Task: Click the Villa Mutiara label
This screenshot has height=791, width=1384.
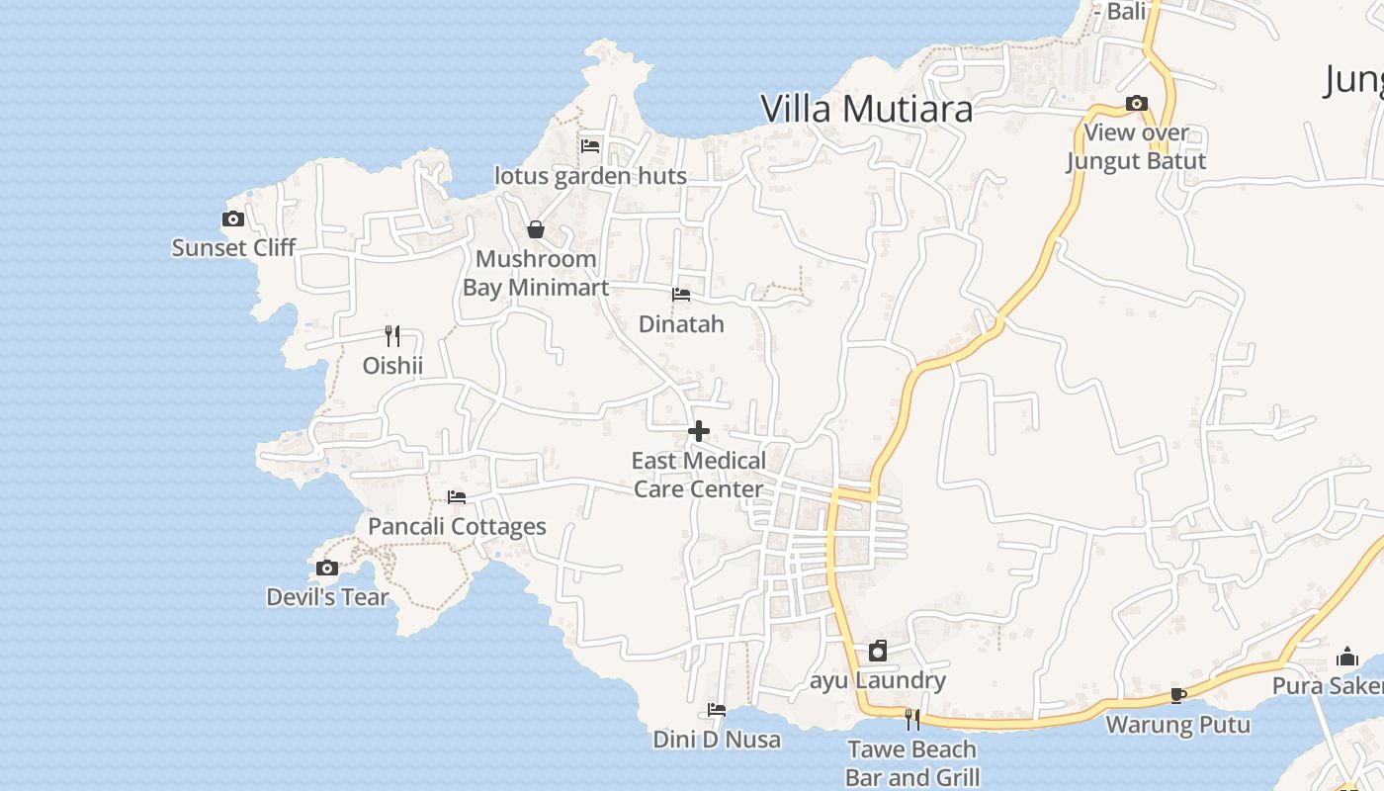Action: (867, 109)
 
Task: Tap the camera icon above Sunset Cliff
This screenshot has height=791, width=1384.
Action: (233, 220)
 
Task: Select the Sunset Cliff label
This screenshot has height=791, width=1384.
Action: (233, 247)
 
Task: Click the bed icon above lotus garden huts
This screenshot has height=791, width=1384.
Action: (590, 146)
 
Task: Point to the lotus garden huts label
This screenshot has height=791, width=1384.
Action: (590, 176)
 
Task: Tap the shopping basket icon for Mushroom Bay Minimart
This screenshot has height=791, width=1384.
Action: (536, 229)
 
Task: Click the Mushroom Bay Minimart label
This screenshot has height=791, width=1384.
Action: (536, 273)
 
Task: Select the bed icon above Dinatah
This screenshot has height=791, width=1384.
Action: (681, 295)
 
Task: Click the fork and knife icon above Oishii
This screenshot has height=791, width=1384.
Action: (392, 336)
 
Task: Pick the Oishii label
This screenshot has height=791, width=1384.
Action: (392, 366)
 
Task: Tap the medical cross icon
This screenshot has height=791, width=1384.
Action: (699, 431)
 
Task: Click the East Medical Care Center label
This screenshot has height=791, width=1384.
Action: (699, 475)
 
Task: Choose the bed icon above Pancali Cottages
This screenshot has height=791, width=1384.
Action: (456, 497)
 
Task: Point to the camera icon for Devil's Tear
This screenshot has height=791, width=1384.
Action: (327, 568)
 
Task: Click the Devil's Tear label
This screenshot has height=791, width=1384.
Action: (327, 597)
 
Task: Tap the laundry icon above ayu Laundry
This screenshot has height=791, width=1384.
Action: (878, 651)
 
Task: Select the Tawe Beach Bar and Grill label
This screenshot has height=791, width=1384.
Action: (911, 763)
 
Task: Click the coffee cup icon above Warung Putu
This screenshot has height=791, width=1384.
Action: (1177, 695)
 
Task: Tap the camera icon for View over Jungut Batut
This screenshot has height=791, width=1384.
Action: (1137, 104)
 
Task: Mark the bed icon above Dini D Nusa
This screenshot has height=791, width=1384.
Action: (717, 710)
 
